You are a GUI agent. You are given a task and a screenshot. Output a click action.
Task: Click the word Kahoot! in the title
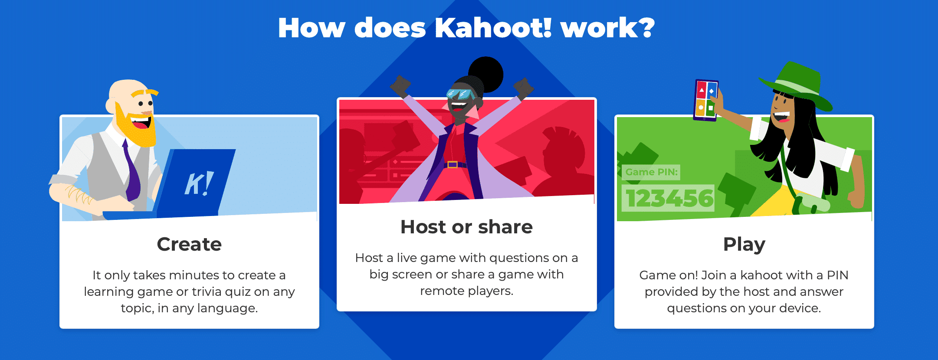click(493, 28)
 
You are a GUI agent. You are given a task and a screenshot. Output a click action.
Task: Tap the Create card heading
click(189, 244)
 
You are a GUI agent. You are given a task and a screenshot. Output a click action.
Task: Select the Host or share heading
click(466, 227)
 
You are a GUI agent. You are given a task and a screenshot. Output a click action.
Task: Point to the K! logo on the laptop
click(199, 183)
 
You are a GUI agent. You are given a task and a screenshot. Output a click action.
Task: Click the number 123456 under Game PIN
click(669, 198)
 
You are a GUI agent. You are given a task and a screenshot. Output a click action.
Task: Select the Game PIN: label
click(651, 172)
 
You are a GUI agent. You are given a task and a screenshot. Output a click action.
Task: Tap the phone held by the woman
click(706, 100)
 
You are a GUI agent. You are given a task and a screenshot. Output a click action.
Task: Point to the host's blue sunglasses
click(461, 94)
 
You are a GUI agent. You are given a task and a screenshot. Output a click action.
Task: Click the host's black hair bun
click(486, 74)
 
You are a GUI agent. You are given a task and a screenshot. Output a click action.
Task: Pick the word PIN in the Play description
click(837, 275)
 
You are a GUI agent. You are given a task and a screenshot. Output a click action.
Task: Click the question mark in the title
click(646, 28)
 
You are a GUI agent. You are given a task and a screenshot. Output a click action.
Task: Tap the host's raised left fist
click(524, 88)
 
